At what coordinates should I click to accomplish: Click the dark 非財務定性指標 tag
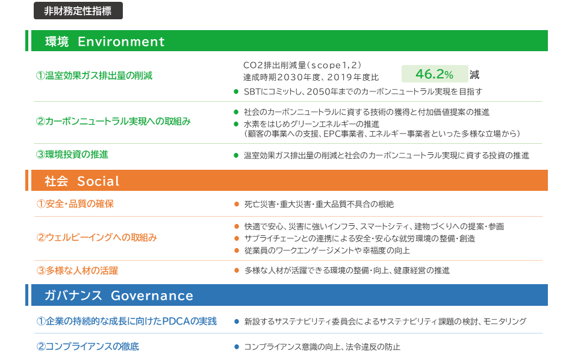(78, 11)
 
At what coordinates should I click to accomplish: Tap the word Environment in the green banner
(121, 42)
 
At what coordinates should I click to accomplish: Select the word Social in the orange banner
(98, 181)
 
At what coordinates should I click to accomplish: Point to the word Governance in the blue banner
(152, 296)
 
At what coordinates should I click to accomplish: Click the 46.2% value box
(435, 74)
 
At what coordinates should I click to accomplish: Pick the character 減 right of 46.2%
(474, 75)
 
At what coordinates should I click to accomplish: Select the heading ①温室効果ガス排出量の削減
(94, 76)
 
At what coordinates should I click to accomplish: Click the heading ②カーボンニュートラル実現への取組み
(113, 121)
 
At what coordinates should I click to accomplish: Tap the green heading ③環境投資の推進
(72, 154)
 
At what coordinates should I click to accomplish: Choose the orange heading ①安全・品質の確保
(75, 203)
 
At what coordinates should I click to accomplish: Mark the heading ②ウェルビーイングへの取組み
(96, 237)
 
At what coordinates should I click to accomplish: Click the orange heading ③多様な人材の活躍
(77, 271)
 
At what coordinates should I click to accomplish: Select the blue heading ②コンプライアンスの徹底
(88, 346)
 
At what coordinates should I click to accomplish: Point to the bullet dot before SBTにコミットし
(236, 92)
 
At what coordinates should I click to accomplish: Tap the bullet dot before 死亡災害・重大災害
(237, 204)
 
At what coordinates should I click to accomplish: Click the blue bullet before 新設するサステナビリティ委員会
(237, 321)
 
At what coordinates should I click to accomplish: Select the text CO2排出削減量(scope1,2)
(302, 65)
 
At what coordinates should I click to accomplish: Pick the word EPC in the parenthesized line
(331, 134)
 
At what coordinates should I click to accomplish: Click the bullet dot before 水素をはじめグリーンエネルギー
(236, 124)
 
